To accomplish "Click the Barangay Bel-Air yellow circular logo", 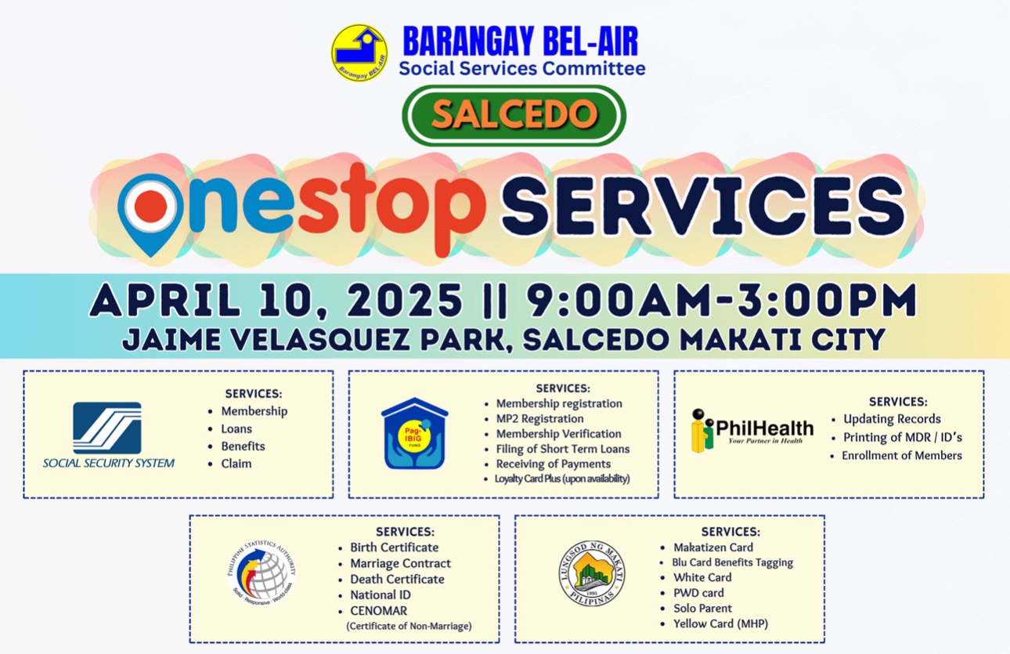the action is [359, 52].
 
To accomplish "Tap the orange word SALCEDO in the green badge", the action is [514, 114].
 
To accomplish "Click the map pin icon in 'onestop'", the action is [150, 215].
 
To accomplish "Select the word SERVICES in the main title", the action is [703, 207].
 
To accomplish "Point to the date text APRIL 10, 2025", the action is [276, 299].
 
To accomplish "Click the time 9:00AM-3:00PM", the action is [723, 299].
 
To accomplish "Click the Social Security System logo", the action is [108, 435].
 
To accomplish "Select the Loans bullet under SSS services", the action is [236, 428].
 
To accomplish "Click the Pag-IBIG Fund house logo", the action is [414, 433].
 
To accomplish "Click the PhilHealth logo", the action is [752, 430].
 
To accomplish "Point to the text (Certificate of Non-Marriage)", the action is [409, 626].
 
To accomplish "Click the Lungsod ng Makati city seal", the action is [592, 573].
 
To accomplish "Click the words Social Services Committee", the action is [522, 69].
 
